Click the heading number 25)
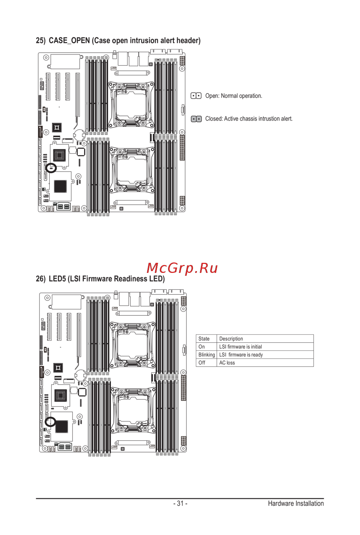(41, 41)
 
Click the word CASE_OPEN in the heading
(69, 41)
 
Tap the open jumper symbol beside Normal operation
(196, 96)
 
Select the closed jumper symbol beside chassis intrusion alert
(196, 119)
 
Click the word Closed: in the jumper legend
(214, 119)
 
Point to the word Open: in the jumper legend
(212, 96)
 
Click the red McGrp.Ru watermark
(182, 268)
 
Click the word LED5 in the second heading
(57, 279)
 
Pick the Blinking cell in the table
(207, 355)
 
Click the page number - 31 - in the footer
(180, 503)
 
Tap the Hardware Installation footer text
(296, 503)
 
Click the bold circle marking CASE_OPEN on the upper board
(51, 168)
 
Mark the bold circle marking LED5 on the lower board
(50, 422)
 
